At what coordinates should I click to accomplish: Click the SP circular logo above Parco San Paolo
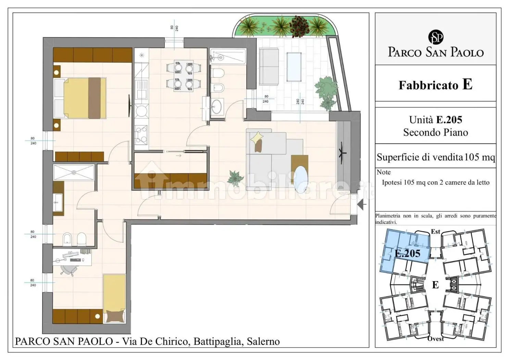tap(436, 37)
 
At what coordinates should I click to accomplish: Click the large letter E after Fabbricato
tap(468, 84)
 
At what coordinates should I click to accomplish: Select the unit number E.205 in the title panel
tap(449, 120)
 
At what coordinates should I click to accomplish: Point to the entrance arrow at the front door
tap(361, 204)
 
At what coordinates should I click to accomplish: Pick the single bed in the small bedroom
tap(114, 298)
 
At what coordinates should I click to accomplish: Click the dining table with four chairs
tap(184, 76)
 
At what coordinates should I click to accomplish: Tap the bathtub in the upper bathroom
tap(228, 56)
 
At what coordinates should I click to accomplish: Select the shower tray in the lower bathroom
tap(74, 172)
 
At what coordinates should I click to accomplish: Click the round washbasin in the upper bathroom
tap(217, 106)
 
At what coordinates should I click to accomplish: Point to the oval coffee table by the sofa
tap(301, 180)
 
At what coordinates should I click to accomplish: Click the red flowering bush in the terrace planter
tap(299, 26)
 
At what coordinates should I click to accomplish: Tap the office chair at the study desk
tap(69, 270)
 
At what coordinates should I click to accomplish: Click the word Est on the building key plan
tap(436, 231)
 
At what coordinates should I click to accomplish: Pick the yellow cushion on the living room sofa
tap(257, 137)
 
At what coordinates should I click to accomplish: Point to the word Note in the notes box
tap(384, 172)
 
